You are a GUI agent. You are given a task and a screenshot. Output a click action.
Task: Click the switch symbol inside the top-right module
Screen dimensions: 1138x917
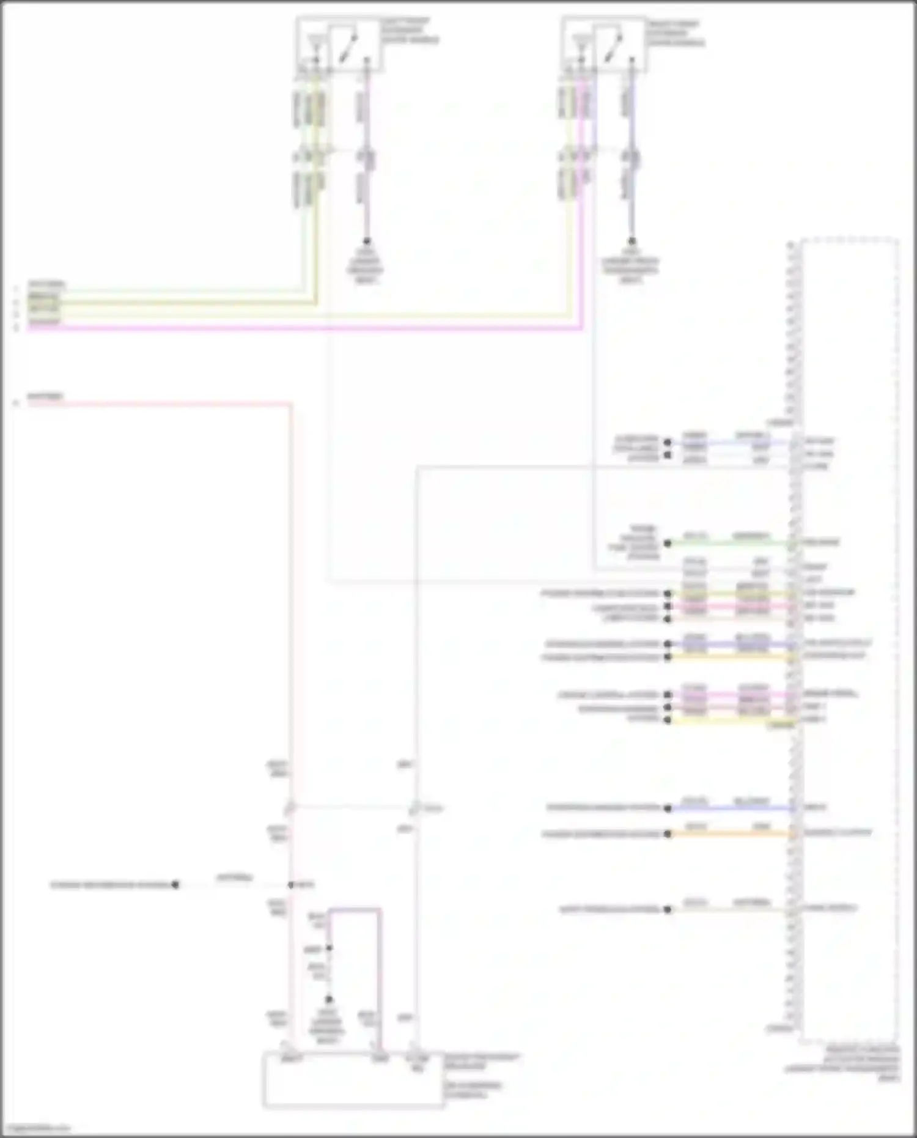pos(613,48)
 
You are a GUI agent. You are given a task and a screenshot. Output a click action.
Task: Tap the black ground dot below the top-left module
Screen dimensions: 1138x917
pos(367,242)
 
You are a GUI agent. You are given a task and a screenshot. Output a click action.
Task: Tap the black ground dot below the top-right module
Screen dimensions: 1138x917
pos(632,242)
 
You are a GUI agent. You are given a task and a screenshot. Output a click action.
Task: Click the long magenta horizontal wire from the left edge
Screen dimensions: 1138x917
pos(306,328)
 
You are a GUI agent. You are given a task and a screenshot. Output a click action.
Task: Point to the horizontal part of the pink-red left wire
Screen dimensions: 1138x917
pos(159,404)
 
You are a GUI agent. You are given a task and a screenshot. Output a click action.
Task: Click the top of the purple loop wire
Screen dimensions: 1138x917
pos(355,909)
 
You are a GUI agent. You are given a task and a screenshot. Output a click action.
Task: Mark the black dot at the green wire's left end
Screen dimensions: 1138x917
pos(668,543)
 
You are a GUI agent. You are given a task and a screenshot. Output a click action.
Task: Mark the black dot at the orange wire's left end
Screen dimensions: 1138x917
pos(668,834)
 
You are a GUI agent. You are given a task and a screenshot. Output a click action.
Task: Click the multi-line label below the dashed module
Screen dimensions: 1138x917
pos(844,1064)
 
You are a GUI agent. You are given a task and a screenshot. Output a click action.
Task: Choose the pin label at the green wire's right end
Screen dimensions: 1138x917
pos(822,542)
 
